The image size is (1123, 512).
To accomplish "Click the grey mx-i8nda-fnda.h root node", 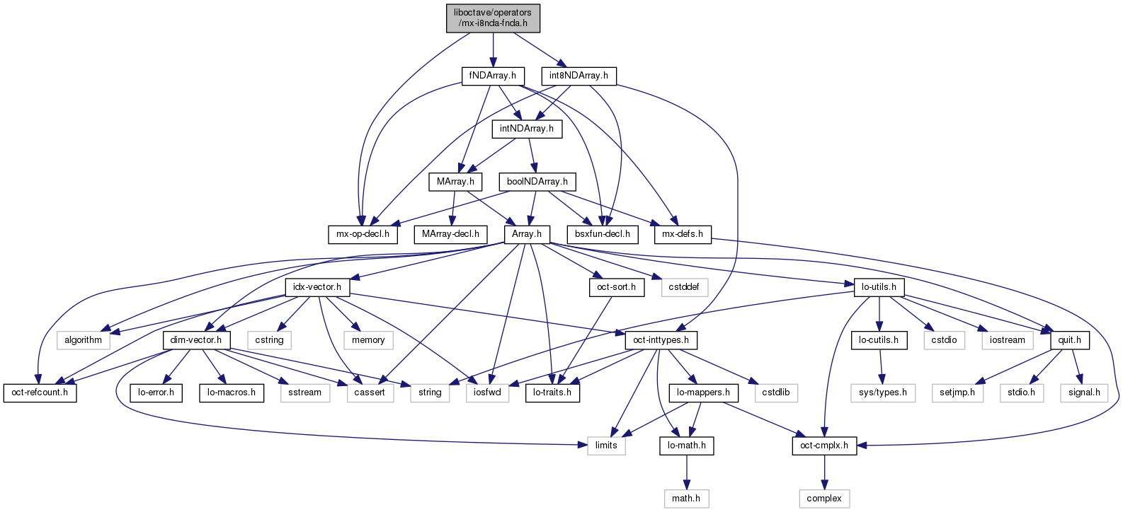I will click(493, 18).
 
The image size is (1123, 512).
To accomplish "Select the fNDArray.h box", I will click(493, 76).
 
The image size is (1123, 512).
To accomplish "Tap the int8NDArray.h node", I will click(578, 76).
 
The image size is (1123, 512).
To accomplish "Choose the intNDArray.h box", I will click(527, 129).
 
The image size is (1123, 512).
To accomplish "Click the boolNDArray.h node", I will click(537, 182).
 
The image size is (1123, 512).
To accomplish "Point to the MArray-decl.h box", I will click(450, 234).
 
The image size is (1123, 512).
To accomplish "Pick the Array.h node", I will click(527, 234).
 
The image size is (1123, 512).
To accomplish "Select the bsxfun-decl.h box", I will click(603, 234).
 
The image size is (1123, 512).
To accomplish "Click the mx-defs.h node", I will click(683, 234).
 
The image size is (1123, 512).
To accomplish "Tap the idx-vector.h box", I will click(317, 287).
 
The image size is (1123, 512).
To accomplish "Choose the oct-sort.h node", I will click(616, 287).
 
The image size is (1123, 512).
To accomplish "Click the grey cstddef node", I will click(684, 287).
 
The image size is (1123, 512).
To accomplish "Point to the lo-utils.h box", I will click(879, 287).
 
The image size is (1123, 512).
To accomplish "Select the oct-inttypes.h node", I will click(661, 340).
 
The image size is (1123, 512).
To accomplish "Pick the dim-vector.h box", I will click(196, 340).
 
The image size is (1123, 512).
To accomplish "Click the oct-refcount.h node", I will click(40, 392).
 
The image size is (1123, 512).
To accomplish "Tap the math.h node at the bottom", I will click(686, 499).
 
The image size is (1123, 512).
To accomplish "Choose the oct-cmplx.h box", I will click(824, 446).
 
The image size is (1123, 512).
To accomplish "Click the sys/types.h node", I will click(882, 392).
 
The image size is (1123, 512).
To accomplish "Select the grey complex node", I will click(824, 499).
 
